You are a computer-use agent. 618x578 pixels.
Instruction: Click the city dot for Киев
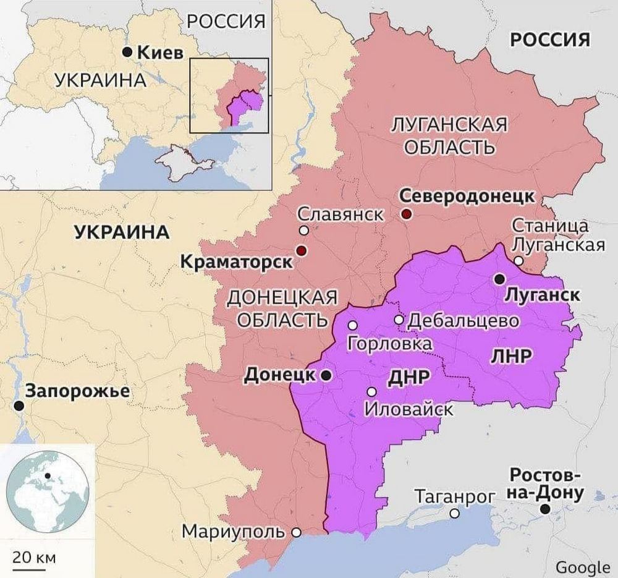127,53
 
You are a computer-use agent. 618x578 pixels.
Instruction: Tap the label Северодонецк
466,196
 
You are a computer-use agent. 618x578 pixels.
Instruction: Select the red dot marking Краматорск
301,250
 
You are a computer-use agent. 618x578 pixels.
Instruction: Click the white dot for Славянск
303,230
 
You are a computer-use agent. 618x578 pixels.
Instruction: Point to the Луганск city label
542,295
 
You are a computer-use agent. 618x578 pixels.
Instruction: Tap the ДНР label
408,378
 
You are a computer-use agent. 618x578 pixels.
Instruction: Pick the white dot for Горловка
352,325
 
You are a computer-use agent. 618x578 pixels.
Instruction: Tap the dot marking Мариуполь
296,532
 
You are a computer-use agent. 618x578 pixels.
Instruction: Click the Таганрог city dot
454,513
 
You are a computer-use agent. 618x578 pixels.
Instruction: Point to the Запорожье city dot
20,406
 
